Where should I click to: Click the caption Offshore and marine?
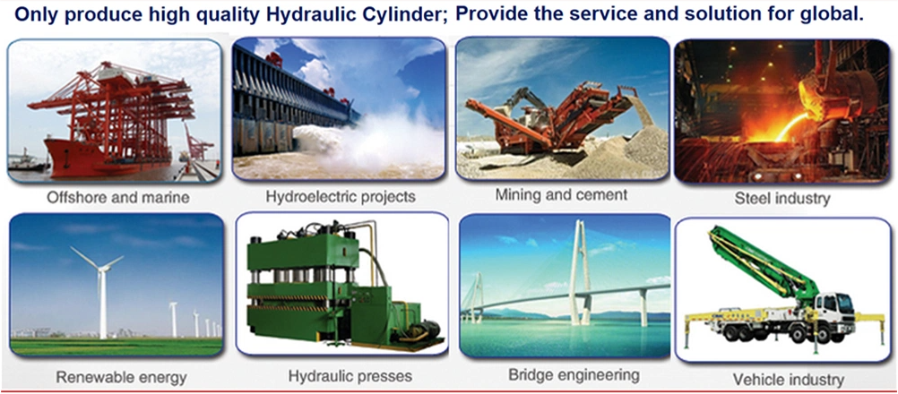coord(117,198)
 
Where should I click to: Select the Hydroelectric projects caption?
coord(341,197)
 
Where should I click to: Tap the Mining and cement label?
coord(561,195)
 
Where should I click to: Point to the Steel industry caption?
coord(782,199)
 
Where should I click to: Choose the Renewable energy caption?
coord(121,377)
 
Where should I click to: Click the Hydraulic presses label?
coord(350,376)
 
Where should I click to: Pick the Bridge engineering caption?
coord(574,375)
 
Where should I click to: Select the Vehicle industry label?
coord(789,380)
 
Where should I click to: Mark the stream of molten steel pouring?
coord(792,127)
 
